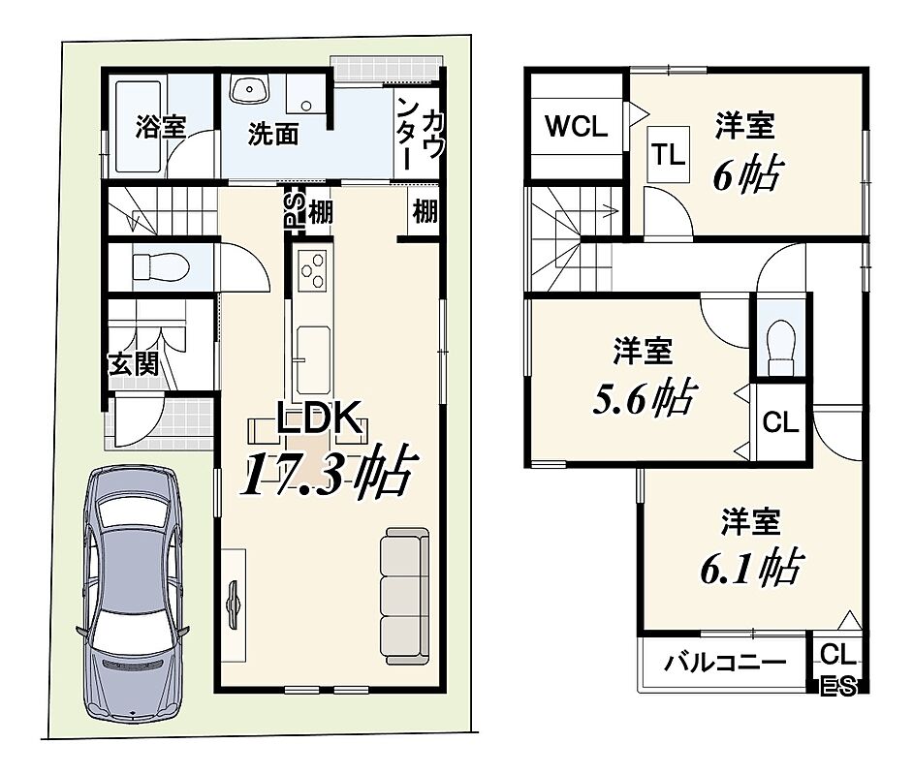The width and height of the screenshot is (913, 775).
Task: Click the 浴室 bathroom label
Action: pos(161,127)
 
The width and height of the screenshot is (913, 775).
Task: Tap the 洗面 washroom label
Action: pos(272,135)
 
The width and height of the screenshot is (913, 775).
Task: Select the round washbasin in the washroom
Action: pos(250,89)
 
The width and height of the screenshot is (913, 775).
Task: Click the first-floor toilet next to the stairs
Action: pos(161,267)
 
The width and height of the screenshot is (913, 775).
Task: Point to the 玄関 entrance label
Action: pos(134,364)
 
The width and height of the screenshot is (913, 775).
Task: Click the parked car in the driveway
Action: pos(133,592)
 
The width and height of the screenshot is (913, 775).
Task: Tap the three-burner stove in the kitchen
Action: pos(312,270)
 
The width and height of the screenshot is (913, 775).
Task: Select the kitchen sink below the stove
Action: pos(313,359)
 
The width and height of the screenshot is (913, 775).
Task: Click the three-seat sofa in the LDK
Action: pos(405,595)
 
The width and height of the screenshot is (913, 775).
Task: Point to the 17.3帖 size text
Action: pos(331,471)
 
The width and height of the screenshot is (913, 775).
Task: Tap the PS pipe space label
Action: pos(295,209)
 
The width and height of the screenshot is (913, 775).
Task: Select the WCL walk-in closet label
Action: pos(577,126)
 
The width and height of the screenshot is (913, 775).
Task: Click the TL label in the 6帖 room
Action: pos(668,155)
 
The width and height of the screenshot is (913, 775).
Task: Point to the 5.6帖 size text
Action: pos(644,397)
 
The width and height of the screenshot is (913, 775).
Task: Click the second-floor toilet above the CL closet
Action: pos(781,348)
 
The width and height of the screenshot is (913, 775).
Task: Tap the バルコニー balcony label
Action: pos(725,662)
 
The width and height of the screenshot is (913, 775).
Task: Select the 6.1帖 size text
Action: pos(752,566)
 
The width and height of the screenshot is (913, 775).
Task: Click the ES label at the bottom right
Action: pos(838,687)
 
